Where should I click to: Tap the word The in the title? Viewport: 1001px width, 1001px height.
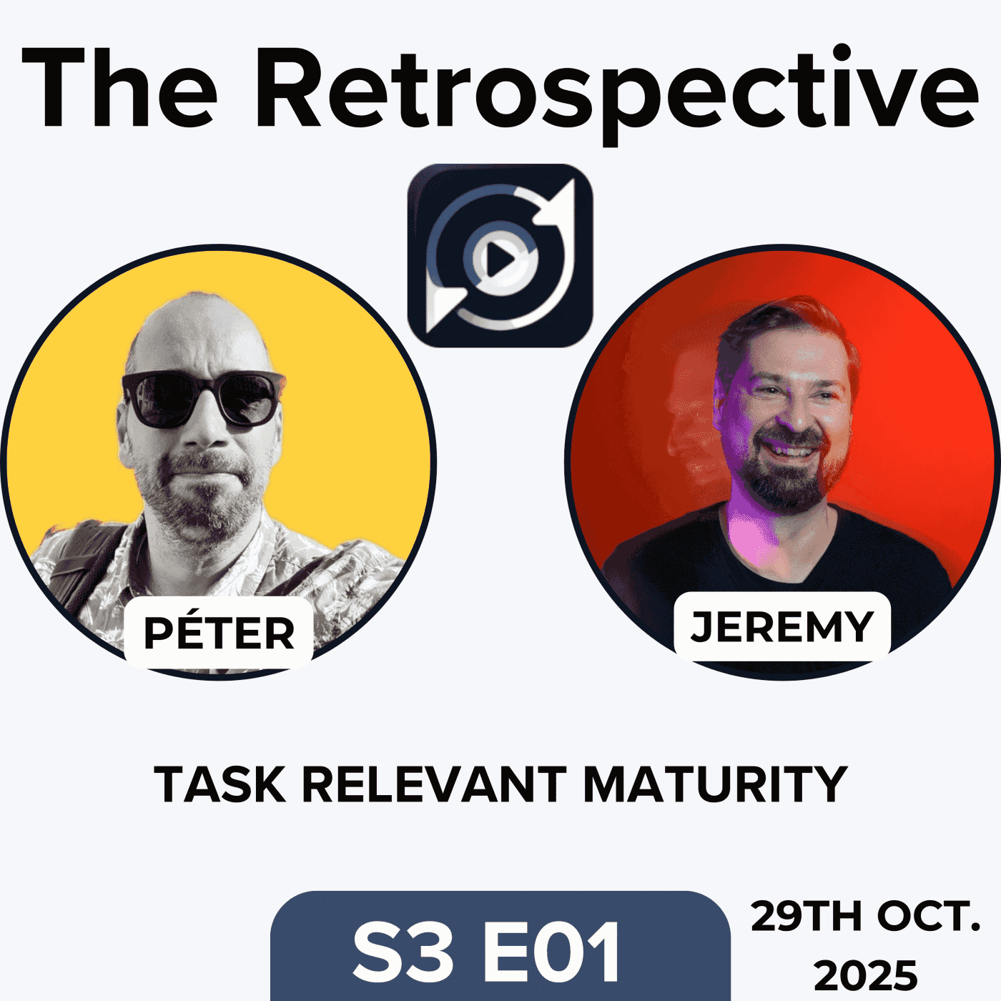(120, 89)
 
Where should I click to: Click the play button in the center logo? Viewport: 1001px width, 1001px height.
(500, 260)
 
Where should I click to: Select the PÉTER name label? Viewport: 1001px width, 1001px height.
(219, 633)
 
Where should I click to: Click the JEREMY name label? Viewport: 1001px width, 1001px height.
(781, 626)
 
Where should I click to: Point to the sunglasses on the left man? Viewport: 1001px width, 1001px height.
(202, 398)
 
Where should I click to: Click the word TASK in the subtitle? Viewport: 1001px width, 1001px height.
(219, 784)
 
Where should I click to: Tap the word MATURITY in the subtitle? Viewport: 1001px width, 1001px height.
(715, 784)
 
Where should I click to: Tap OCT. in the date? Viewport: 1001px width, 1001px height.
(929, 917)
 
